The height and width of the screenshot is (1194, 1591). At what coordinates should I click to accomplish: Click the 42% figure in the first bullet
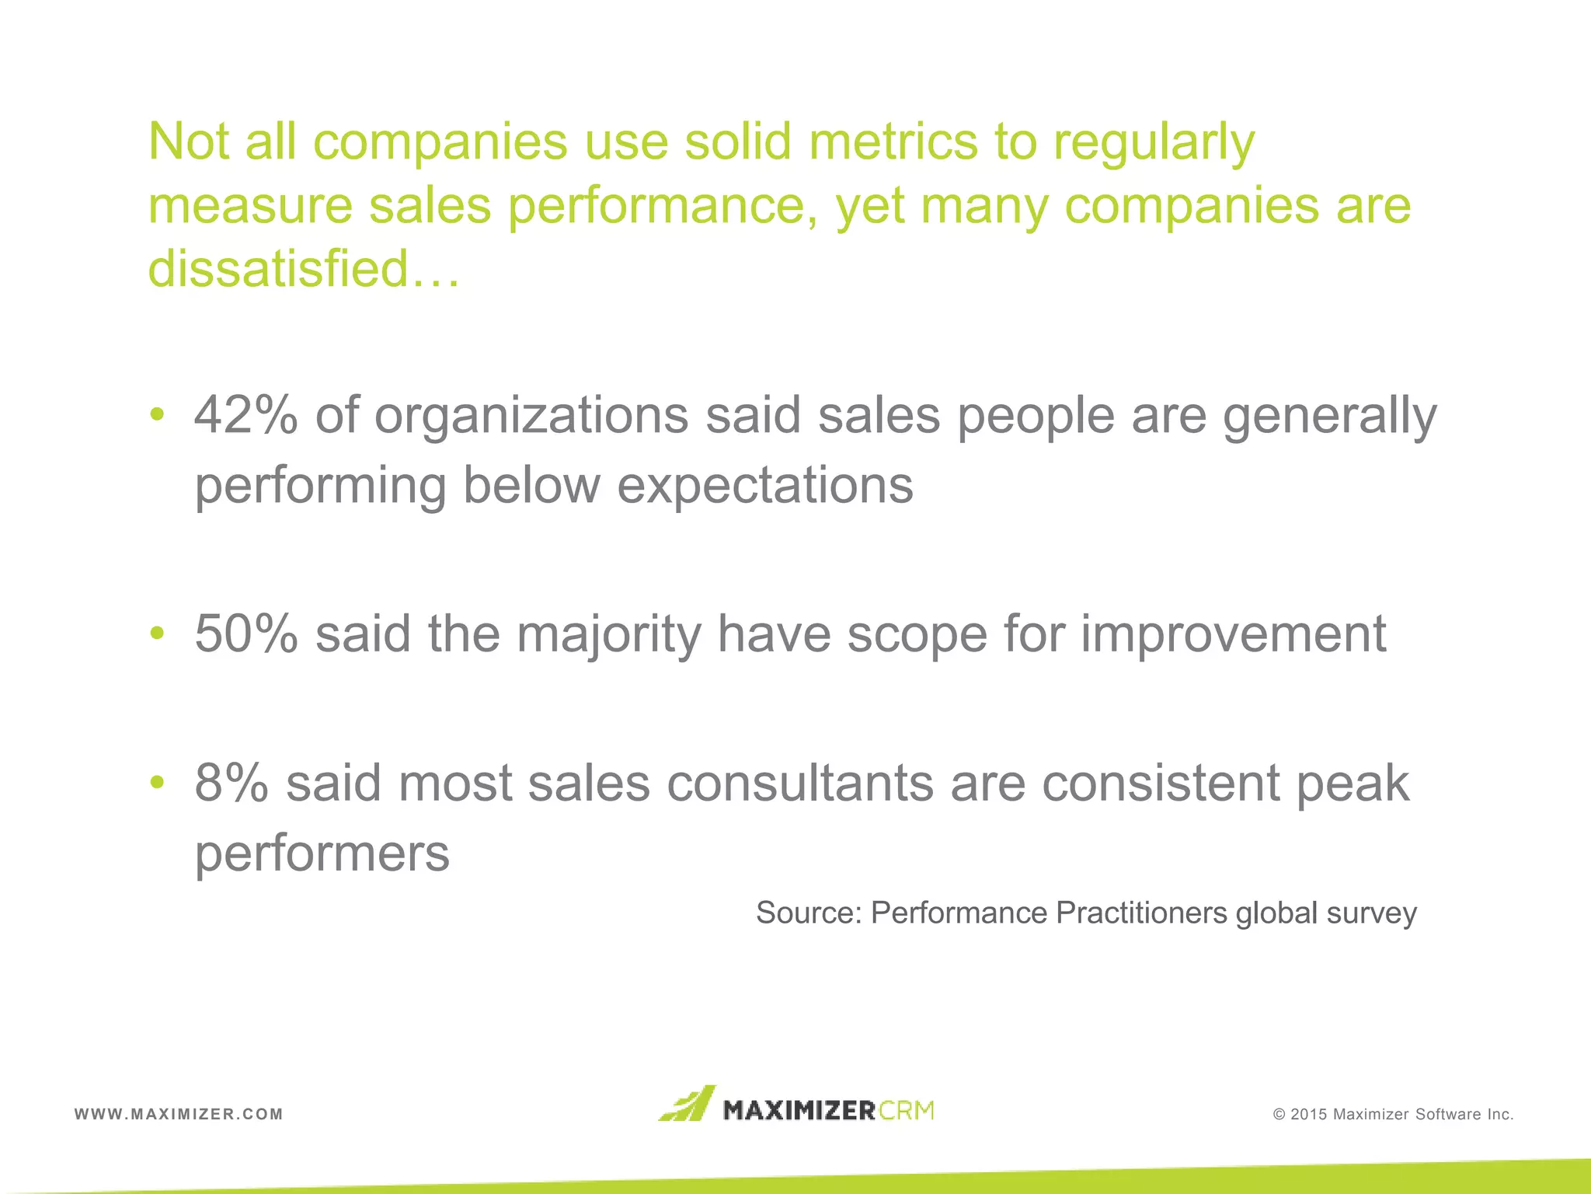tap(245, 415)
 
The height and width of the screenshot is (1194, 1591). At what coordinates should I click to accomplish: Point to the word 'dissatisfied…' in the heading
tap(304, 268)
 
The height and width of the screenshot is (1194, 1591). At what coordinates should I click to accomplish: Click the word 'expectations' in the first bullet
tap(765, 486)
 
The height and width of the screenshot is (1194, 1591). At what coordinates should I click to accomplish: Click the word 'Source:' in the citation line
tap(809, 913)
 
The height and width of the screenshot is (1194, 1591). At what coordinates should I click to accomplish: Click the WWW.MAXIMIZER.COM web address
tap(179, 1114)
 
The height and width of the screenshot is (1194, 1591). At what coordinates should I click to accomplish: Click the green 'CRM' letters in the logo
tap(907, 1110)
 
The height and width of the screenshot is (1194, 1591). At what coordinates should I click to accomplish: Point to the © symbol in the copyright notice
tap(1279, 1115)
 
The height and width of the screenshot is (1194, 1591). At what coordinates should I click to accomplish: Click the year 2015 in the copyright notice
tap(1309, 1115)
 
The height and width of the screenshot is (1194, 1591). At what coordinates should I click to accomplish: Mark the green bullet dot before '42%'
tap(158, 414)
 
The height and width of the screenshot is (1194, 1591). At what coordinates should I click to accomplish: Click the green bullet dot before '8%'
tap(158, 781)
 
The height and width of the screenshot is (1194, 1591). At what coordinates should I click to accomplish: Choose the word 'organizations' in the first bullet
tap(531, 415)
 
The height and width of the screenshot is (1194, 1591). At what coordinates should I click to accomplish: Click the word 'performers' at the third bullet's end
tap(322, 854)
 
